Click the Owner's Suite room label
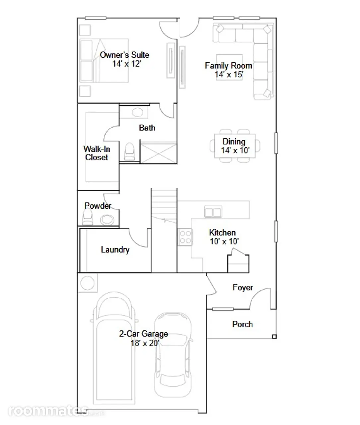tap(124, 55)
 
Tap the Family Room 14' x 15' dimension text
tap(229, 74)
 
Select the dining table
tap(235, 146)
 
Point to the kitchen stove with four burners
tap(185, 237)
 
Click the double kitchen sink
tap(213, 212)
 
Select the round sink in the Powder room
tap(107, 220)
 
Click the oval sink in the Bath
tap(137, 112)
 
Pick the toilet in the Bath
tap(130, 151)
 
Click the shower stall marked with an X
tap(158, 153)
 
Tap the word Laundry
tap(115, 250)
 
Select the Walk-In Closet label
tap(97, 153)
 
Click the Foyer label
tap(243, 288)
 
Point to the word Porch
tap(243, 324)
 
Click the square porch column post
tap(274, 337)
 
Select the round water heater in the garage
tap(88, 283)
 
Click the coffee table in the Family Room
tap(229, 67)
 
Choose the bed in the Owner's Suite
tap(104, 60)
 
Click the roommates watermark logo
tap(56, 411)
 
